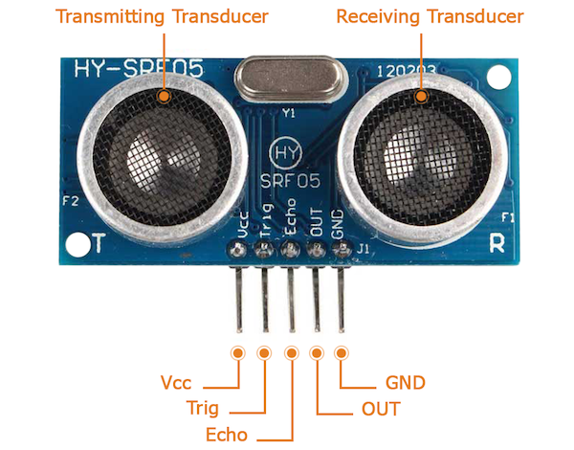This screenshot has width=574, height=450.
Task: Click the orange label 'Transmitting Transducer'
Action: (162, 17)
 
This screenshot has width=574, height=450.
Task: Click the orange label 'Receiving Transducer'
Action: (430, 17)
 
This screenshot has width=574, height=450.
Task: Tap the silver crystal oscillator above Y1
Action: (289, 79)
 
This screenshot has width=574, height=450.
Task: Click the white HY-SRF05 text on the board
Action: (139, 68)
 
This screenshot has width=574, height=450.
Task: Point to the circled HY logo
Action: (285, 152)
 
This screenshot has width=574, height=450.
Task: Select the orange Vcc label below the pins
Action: (176, 383)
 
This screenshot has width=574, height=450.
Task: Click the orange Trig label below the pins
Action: (203, 408)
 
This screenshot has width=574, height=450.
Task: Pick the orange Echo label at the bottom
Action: (227, 435)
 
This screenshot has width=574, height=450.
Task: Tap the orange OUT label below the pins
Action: (381, 409)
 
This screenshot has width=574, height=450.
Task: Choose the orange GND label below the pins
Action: (406, 383)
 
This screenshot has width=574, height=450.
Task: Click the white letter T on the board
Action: (99, 242)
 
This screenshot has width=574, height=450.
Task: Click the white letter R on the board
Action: (497, 242)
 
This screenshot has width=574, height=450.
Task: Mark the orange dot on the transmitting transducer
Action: (164, 97)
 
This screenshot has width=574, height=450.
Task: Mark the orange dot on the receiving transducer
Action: (421, 97)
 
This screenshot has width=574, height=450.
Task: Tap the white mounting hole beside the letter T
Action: (78, 244)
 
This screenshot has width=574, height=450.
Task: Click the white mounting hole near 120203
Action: (498, 77)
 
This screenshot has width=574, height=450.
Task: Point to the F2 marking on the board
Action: (71, 201)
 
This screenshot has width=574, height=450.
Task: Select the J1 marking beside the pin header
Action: (363, 249)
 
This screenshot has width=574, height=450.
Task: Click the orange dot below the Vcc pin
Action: (238, 353)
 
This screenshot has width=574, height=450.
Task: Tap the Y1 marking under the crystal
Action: (289, 113)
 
